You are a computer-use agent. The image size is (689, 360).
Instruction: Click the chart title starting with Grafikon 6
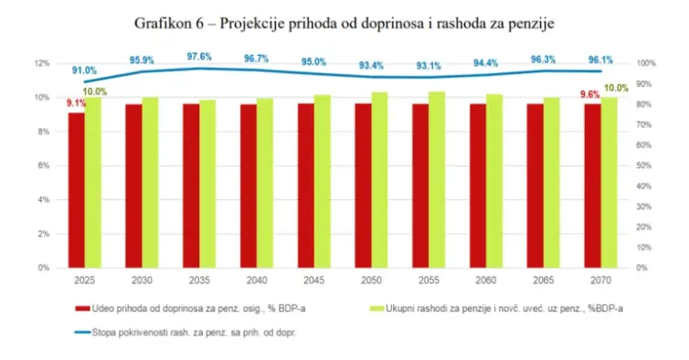[x=344, y=19]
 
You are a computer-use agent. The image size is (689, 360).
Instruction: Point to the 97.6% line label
[x=200, y=57]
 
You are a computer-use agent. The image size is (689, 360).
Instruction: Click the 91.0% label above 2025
[x=85, y=70]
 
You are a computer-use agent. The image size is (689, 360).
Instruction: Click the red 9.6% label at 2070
[x=589, y=94]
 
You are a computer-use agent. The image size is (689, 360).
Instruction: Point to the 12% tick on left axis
[x=42, y=63]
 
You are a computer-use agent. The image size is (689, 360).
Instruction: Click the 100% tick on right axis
[x=646, y=63]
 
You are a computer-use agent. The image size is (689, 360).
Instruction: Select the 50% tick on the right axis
[x=644, y=165]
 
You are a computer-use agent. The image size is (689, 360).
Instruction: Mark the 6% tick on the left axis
[x=44, y=165]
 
